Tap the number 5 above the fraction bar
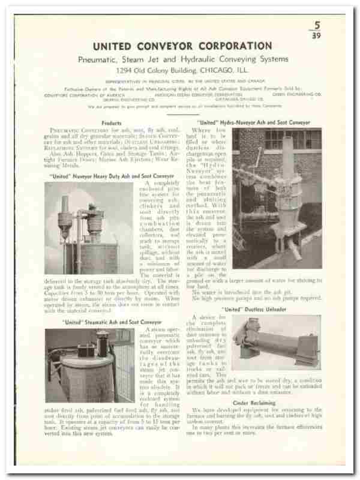[317, 26]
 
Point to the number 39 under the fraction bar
[317, 35]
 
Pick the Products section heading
[112, 123]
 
